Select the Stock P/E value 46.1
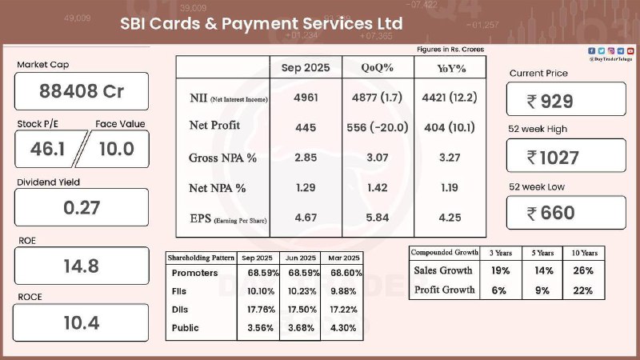coord(46,148)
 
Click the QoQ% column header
coord(377,67)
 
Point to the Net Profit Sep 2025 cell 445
coord(305,127)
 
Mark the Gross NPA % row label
coord(222,158)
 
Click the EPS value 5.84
coord(377,218)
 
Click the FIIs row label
coord(180,291)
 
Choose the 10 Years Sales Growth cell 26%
coord(583,270)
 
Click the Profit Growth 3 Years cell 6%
coord(500,290)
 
